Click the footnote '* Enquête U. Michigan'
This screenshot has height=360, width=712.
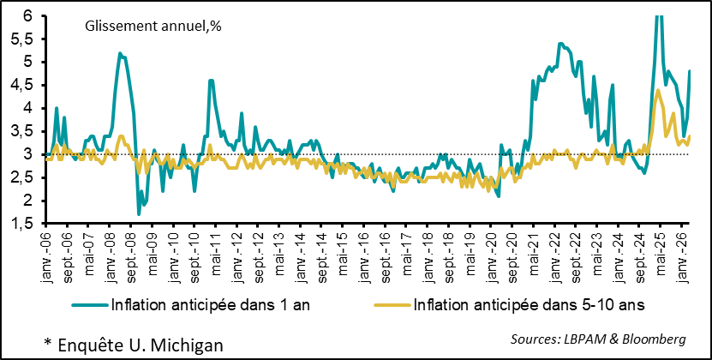coord(134,344)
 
